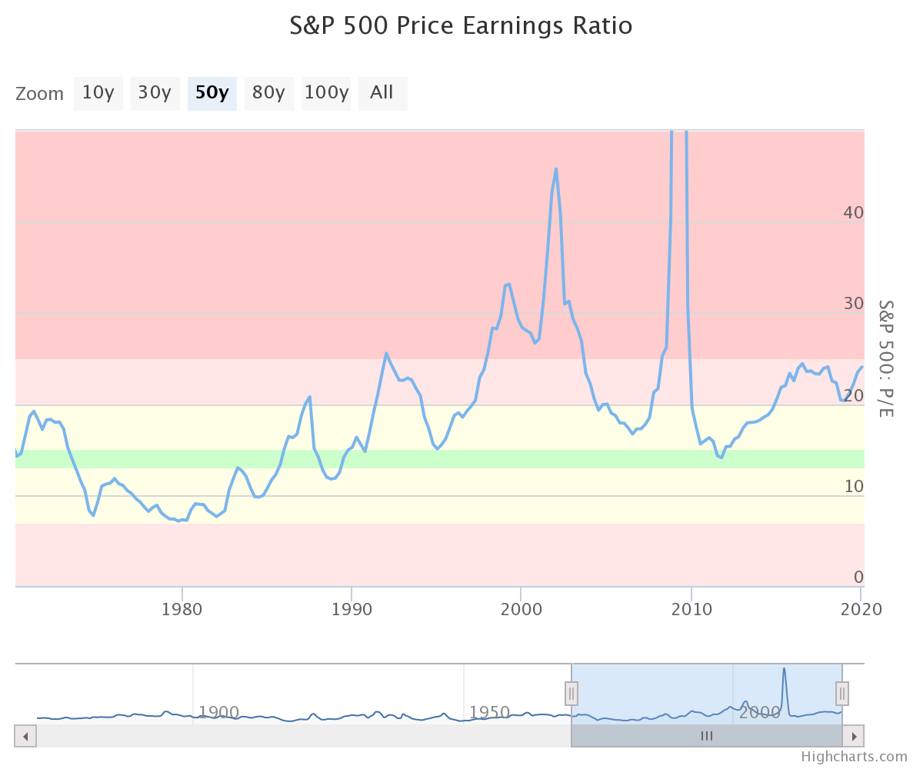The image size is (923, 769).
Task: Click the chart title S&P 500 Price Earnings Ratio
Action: pos(461,25)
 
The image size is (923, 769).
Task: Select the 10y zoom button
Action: pos(98,93)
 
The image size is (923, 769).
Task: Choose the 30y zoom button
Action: pos(155,93)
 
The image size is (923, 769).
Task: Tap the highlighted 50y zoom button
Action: pos(212,93)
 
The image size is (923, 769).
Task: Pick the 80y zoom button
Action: pos(268,93)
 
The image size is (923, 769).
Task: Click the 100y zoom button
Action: pos(326,93)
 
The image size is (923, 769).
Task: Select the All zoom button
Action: pos(382,93)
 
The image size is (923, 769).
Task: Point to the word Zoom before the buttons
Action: pos(40,94)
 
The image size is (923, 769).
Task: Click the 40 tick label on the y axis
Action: pos(853,212)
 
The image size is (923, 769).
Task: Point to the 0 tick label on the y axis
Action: pos(858,577)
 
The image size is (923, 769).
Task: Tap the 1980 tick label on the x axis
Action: pos(182,609)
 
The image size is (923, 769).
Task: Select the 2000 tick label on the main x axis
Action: pos(521,609)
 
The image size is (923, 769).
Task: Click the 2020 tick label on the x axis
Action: pos(860,609)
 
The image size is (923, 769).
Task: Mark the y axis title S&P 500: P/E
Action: pos(886,358)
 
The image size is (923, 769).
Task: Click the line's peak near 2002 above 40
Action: pos(556,168)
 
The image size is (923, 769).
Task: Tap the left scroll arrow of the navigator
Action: pos(25,736)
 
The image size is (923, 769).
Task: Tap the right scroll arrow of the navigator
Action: pos(853,736)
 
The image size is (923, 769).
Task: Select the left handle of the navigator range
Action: pos(571,694)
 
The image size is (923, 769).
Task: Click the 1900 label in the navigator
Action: pos(220,712)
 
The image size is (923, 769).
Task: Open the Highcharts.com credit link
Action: pos(854,757)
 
